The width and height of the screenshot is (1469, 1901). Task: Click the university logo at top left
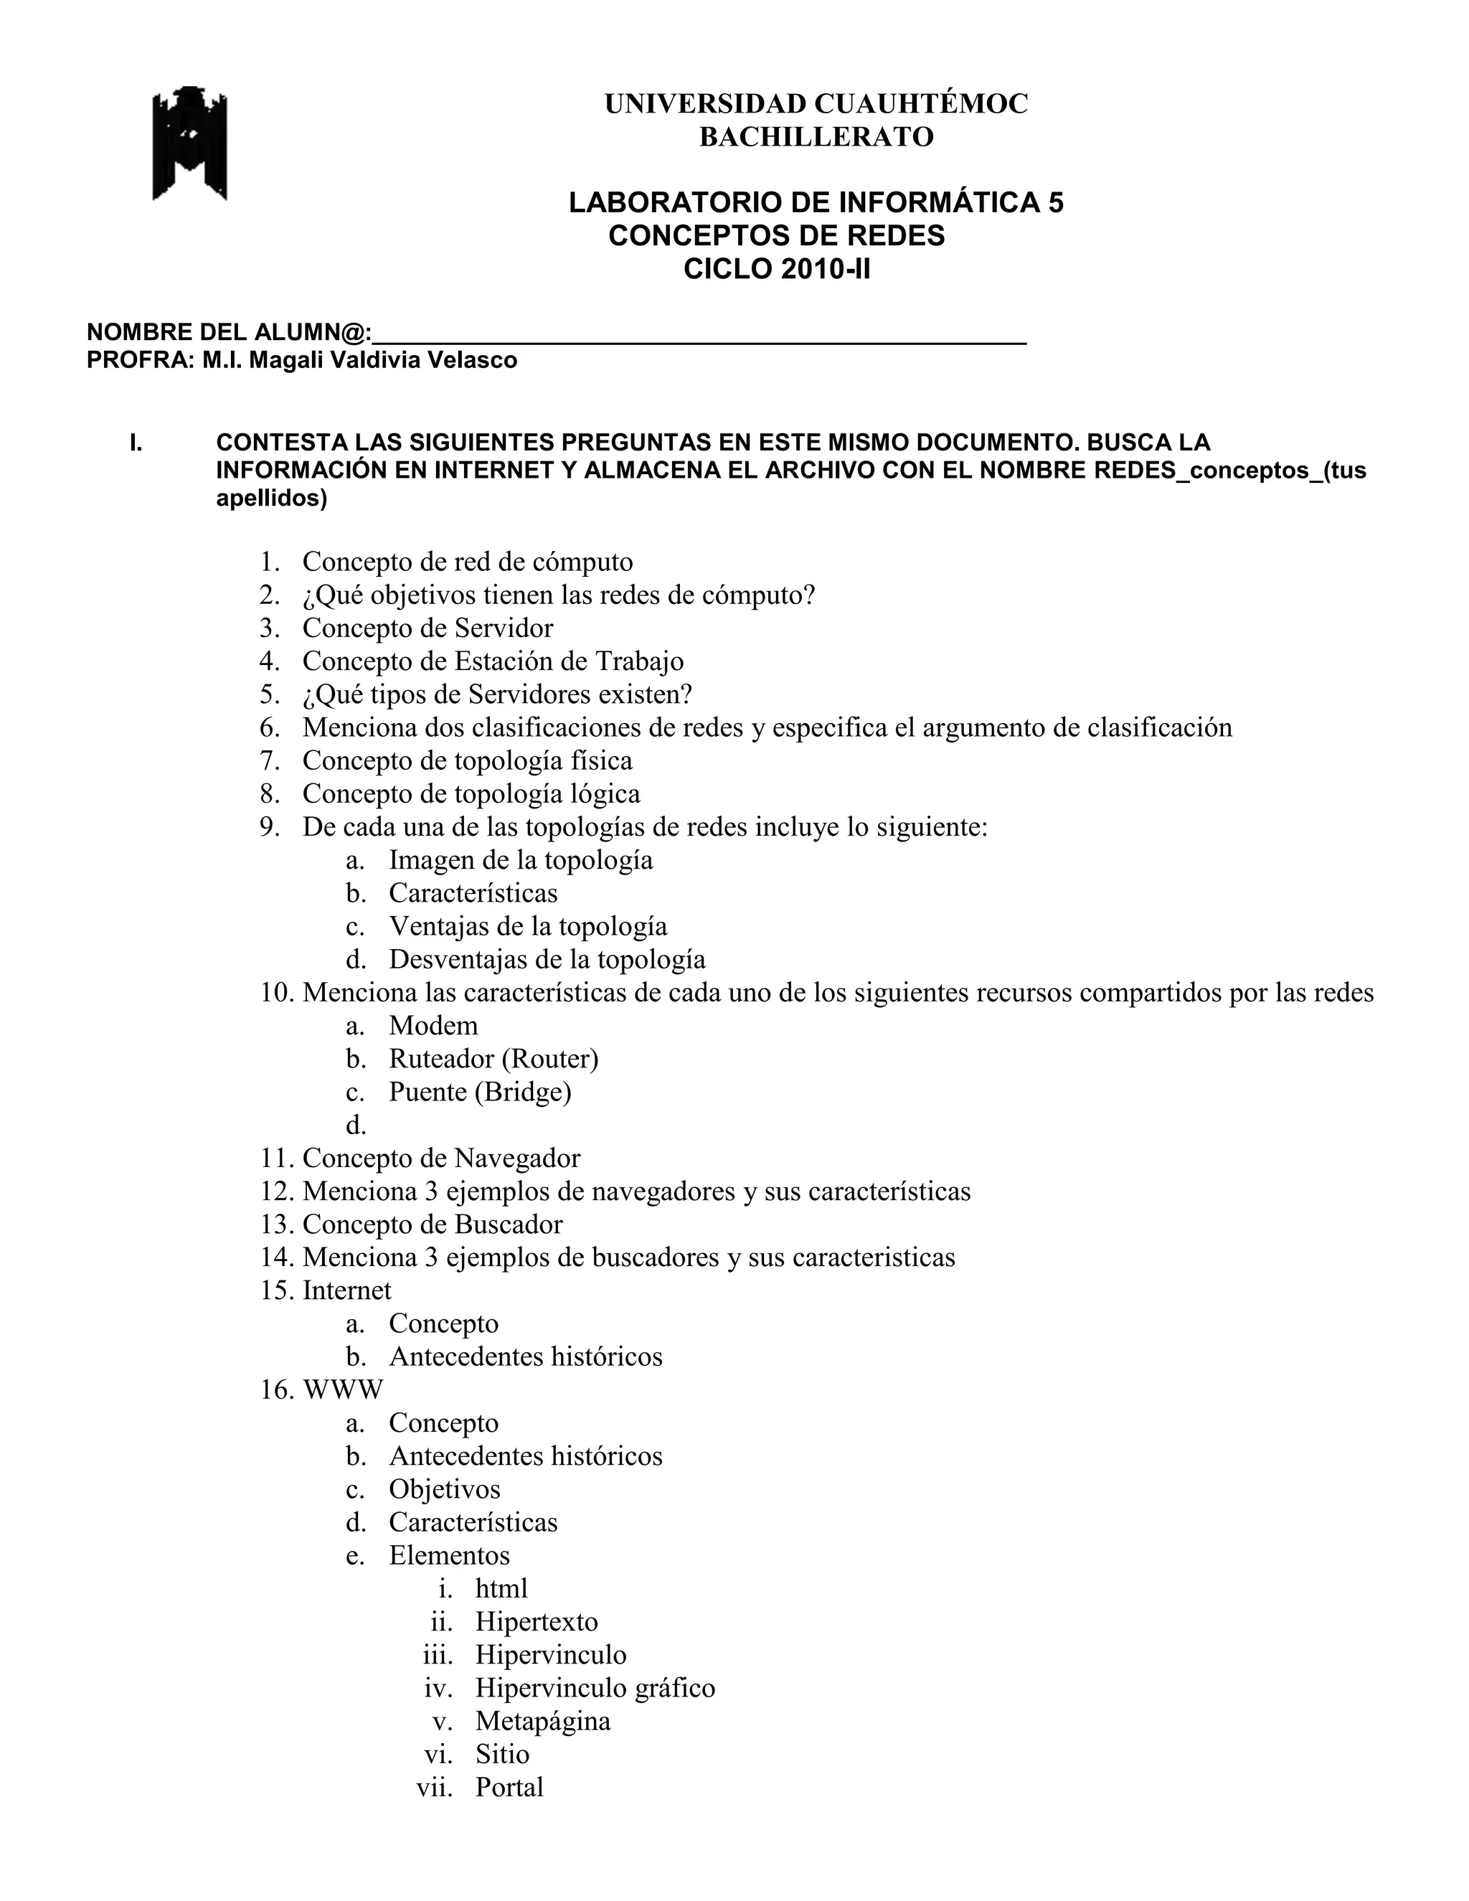[x=189, y=143]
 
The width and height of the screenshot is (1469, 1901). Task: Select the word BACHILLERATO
[x=816, y=136]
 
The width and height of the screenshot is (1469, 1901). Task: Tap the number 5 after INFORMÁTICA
[x=1054, y=203]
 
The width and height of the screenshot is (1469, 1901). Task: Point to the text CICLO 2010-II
[x=776, y=269]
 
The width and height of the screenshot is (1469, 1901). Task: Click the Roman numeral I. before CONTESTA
[x=136, y=443]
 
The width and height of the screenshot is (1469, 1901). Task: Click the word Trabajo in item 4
[x=639, y=661]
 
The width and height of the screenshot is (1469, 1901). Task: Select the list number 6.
[x=269, y=727]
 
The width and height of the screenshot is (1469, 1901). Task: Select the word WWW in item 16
[x=343, y=1390]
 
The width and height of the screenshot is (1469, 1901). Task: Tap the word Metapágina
[x=543, y=1720]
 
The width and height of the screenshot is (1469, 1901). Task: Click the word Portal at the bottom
[x=509, y=1786]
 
